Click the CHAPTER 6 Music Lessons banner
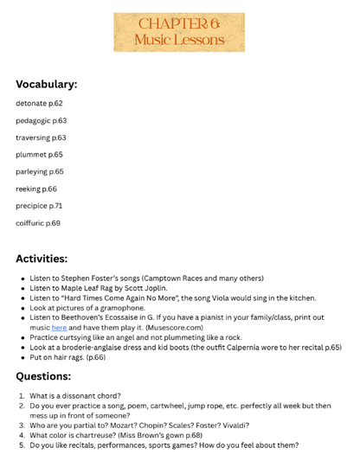point(179,32)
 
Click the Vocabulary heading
point(46,85)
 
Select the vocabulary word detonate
point(30,103)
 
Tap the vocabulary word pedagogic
point(32,120)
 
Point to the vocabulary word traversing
point(32,138)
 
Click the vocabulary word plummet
point(30,154)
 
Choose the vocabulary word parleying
point(31,171)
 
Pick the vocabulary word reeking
point(29,189)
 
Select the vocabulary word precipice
point(30,206)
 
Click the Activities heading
point(42,258)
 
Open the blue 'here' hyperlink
point(59,328)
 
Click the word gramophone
point(121,307)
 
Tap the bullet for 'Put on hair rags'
point(22,357)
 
